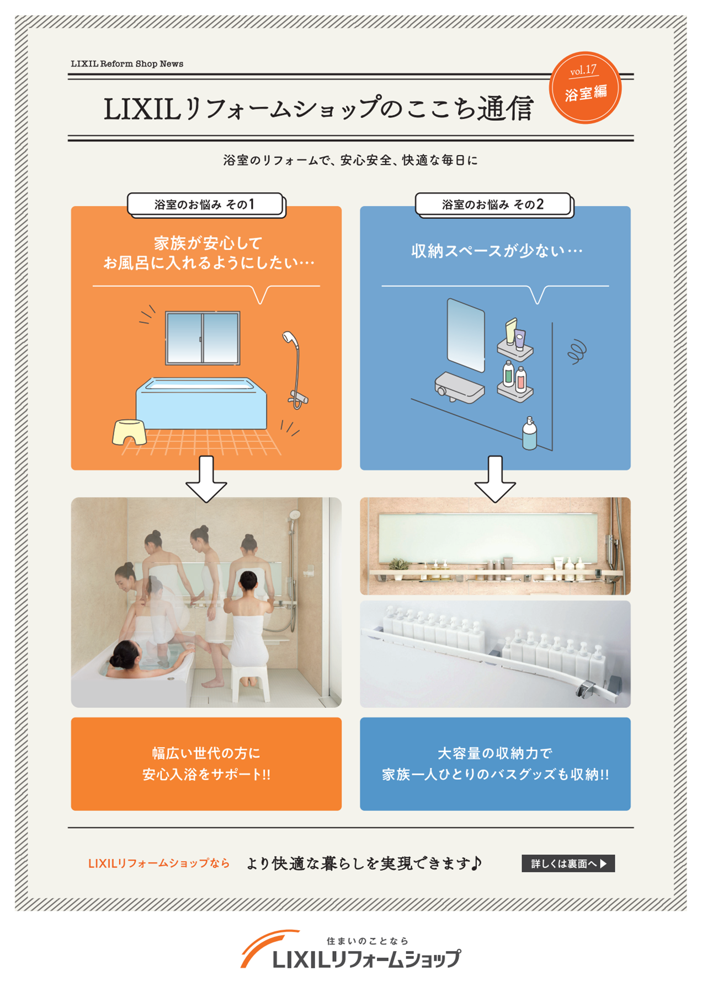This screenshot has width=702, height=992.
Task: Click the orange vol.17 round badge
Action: pos(585,87)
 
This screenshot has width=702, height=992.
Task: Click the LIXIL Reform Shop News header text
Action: pos(127,64)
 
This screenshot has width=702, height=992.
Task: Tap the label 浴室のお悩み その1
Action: pos(205,205)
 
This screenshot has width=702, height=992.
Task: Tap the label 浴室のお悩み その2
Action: pos(493,205)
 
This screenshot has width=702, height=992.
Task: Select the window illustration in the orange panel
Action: pos(203,338)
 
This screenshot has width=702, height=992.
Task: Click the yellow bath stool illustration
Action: pos(130,431)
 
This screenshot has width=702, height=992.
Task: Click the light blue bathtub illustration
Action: pos(201,404)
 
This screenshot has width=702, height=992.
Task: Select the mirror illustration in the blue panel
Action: pos(466,335)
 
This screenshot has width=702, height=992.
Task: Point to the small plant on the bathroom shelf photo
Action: pos(397,565)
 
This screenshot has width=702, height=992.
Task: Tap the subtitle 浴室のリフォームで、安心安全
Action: pos(350,160)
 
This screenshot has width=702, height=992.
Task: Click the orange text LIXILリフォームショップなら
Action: pos(159,864)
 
